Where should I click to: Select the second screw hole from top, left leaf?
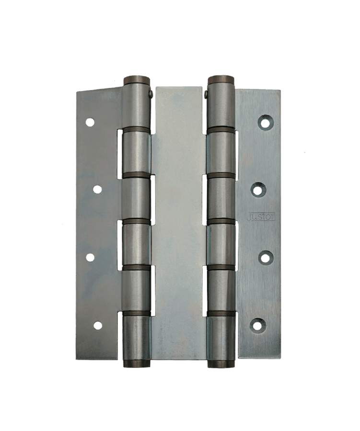pyautogui.click(x=97, y=189)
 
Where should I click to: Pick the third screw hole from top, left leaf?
pyautogui.click(x=90, y=257)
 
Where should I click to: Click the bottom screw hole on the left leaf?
pyautogui.click(x=97, y=325)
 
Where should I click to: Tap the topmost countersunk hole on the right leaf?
pyautogui.click(x=265, y=122)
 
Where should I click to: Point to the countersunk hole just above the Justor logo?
pyautogui.click(x=258, y=190)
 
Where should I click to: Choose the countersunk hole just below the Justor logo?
pyautogui.click(x=265, y=257)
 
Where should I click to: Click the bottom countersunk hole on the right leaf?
pyautogui.click(x=258, y=325)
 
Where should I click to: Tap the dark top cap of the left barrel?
pyautogui.click(x=137, y=80)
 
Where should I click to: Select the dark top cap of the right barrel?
pyautogui.click(x=221, y=79)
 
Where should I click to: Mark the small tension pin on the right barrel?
pyautogui.click(x=206, y=94)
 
